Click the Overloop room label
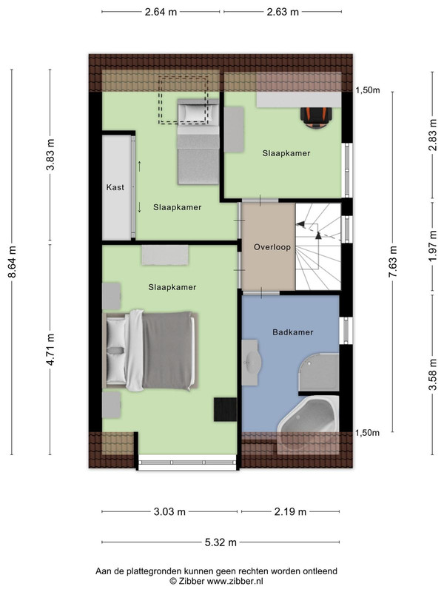point(272,247)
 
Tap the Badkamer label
point(293,332)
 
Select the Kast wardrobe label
point(115,187)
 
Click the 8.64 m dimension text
point(12,262)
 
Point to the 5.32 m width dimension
point(221,542)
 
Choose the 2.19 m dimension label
point(290,512)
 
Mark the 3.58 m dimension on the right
point(433,374)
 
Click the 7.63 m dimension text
point(393,262)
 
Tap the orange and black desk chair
point(317,116)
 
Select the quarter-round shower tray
point(319,373)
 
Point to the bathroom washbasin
point(251,363)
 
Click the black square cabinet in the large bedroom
point(225,409)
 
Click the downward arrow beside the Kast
point(139,207)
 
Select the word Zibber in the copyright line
point(192,581)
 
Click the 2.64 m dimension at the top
point(161,12)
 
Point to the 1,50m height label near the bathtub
point(367,433)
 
